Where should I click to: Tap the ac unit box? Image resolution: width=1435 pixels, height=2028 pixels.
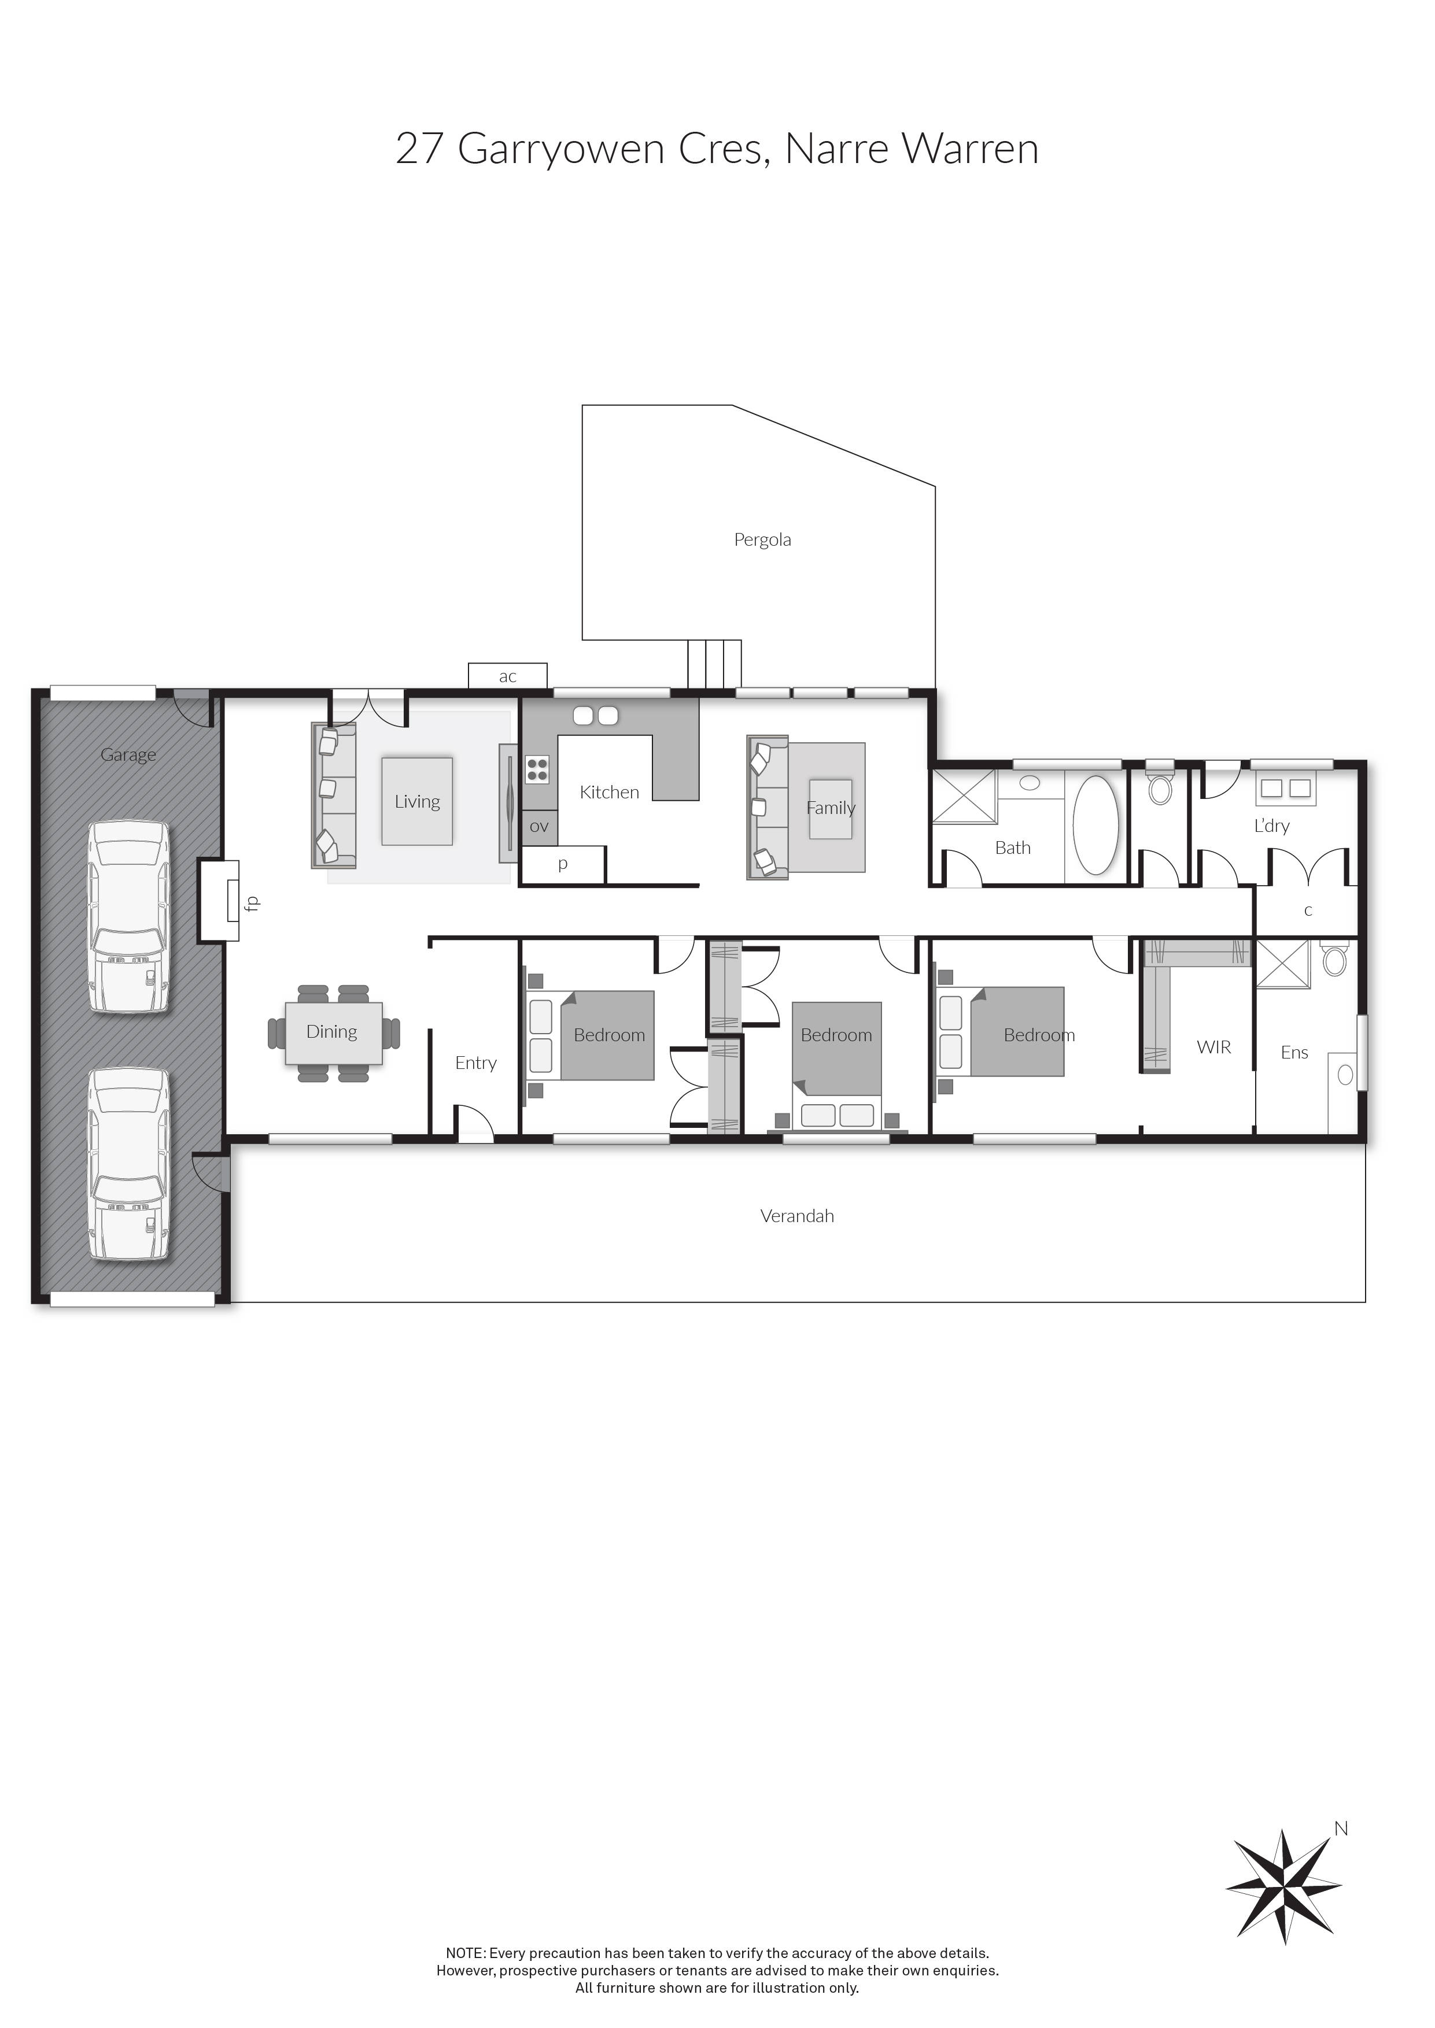point(507,676)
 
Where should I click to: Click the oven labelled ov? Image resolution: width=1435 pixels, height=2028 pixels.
point(539,828)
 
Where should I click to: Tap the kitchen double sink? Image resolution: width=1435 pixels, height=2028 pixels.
point(596,716)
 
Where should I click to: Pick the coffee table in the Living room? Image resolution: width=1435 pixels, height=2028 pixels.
point(417,801)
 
